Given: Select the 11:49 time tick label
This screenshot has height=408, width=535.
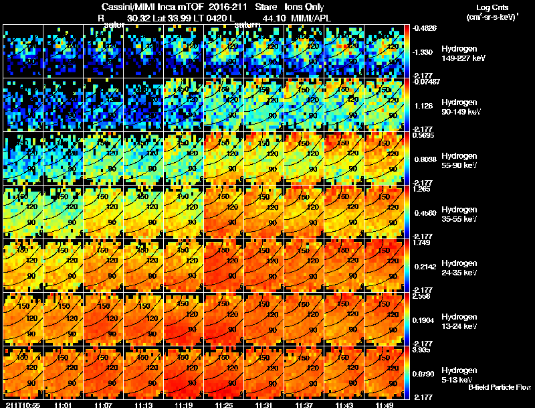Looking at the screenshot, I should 385,405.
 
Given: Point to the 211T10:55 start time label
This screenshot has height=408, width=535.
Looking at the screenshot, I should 22,405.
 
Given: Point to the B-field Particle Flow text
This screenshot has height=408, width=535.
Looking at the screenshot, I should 499,387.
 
